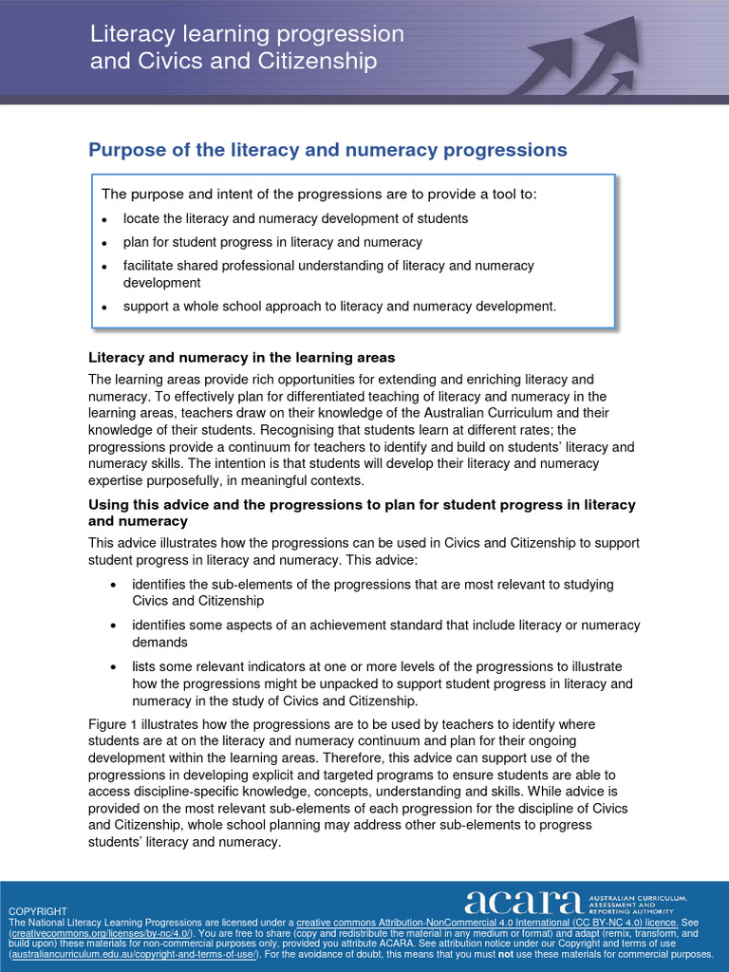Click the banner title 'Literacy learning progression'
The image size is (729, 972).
pos(247,34)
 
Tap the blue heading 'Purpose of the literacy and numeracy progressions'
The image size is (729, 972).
pos(327,150)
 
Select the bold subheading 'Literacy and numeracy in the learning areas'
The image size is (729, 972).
pos(241,358)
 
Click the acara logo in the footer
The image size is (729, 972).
pos(523,903)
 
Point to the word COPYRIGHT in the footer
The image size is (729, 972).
pos(38,911)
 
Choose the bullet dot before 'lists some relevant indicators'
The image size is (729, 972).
pos(114,667)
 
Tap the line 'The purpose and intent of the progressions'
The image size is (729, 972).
pos(319,195)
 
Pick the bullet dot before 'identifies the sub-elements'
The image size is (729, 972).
pos(114,585)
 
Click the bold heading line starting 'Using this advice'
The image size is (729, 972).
pos(362,505)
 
